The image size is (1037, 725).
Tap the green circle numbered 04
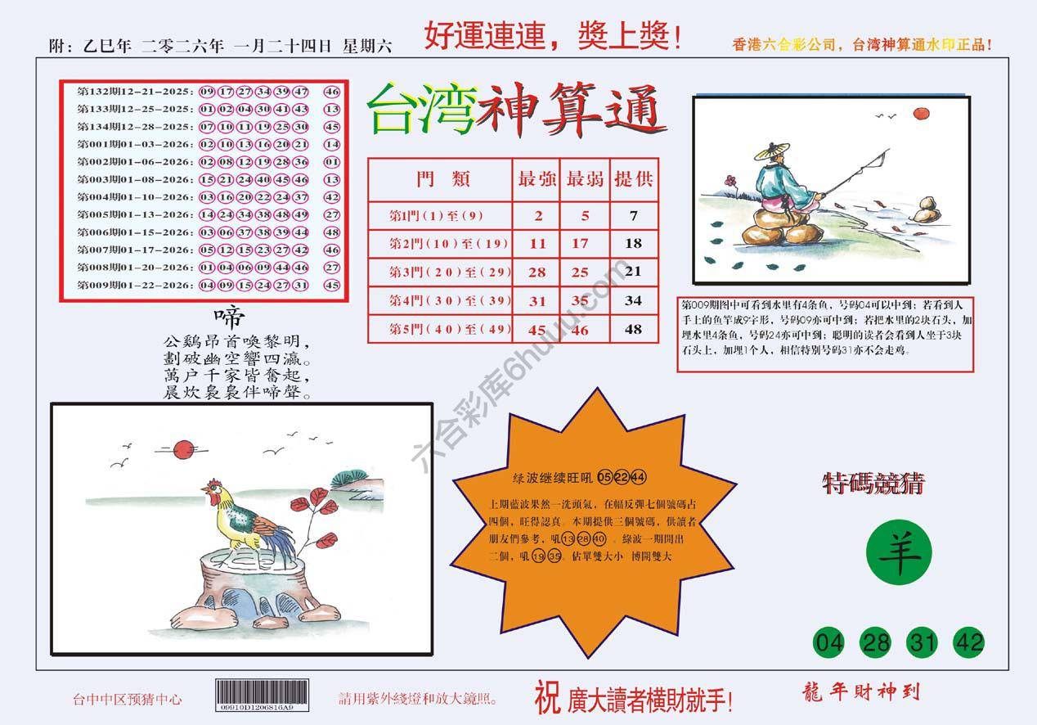tap(832, 642)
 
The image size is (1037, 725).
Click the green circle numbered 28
tap(877, 642)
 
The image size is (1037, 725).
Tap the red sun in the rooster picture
tap(185, 448)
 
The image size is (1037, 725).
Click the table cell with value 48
tap(633, 329)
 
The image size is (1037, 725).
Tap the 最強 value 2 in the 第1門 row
tap(537, 216)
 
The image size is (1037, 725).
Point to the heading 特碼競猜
tap(873, 484)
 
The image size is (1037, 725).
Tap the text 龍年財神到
tap(861, 692)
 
